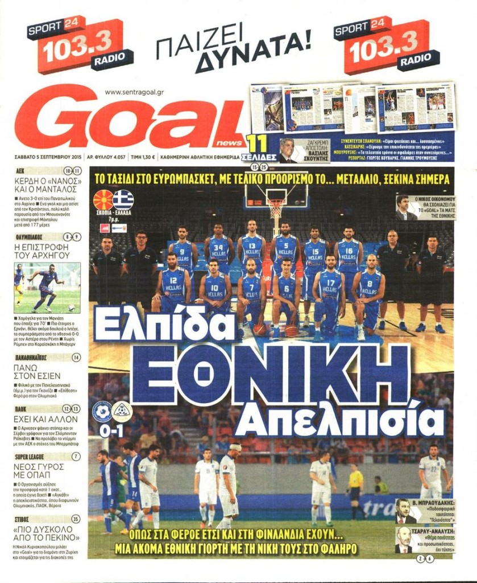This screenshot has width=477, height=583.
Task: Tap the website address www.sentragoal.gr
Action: tap(136, 92)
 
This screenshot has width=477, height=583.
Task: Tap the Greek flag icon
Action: tap(123, 199)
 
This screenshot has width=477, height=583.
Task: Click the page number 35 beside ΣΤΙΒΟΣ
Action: tap(76, 519)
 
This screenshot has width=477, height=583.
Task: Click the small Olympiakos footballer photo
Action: tap(47, 288)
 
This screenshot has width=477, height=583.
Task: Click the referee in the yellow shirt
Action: tap(355, 490)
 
